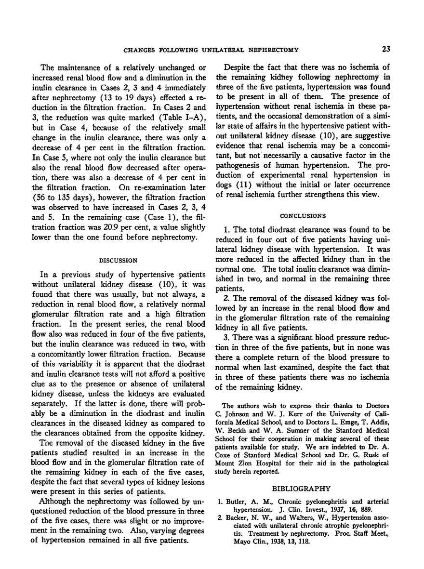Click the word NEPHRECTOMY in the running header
274,49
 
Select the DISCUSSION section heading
112,260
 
